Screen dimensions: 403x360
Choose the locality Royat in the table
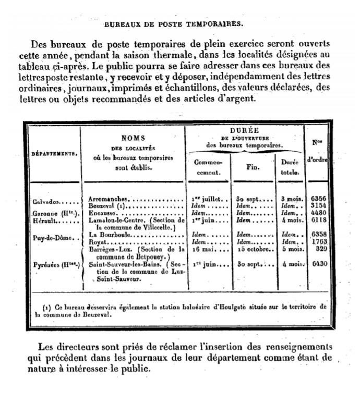click(x=98, y=243)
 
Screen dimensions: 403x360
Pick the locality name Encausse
click(x=102, y=214)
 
